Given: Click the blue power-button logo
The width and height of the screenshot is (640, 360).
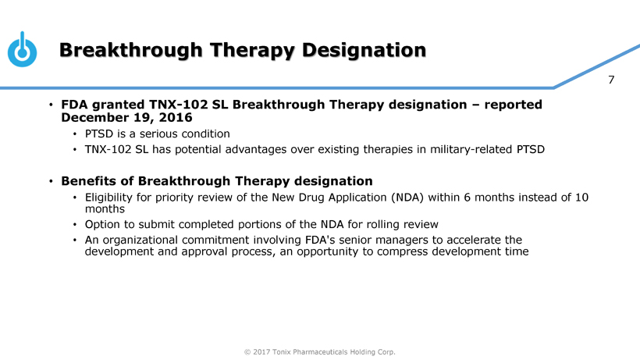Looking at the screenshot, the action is pos(22,50).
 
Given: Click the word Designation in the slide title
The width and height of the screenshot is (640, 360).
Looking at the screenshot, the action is pos(364,51).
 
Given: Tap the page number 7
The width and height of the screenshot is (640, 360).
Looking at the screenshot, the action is pos(611,80).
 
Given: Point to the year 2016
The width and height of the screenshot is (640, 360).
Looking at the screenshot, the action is pos(176,118).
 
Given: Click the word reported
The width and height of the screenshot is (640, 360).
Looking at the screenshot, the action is pos(513,105).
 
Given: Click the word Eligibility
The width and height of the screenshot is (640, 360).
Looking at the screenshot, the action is pos(108,198).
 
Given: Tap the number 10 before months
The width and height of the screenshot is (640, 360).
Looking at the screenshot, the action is pos(581,198).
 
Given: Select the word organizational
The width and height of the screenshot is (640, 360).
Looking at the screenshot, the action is pos(140,240).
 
